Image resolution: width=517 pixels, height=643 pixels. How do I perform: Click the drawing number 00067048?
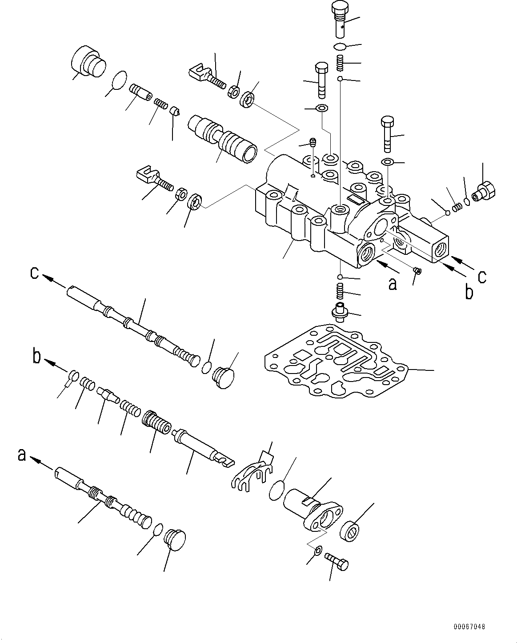coord(469,627)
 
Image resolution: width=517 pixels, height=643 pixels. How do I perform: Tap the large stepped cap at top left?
coord(88,64)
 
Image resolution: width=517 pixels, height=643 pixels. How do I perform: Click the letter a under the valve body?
coord(392,283)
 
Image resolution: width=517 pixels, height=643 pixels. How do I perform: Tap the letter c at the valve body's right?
coord(482,277)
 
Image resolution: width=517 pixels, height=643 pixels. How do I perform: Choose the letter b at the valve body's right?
coord(469,293)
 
